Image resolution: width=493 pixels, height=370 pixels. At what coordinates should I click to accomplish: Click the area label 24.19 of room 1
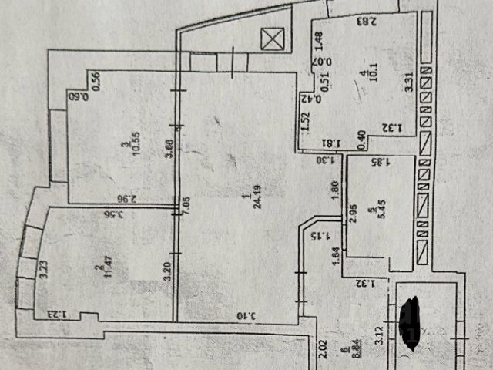point(246,203)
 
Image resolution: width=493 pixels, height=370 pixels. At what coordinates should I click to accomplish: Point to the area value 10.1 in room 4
point(365,79)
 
